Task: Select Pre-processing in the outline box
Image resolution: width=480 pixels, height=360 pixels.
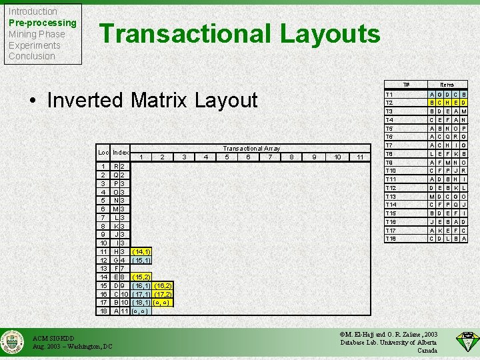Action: [43, 23]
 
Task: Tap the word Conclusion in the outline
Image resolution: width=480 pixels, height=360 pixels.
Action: [32, 56]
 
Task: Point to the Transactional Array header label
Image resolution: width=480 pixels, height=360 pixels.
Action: [251, 149]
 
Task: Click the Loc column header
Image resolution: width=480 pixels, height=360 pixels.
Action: [103, 153]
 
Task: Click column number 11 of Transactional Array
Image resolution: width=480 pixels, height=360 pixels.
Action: [359, 157]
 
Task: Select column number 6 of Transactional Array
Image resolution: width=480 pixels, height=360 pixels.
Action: [248, 157]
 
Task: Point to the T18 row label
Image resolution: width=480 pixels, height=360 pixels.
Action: [391, 239]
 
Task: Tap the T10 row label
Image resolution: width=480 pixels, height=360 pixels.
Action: [391, 171]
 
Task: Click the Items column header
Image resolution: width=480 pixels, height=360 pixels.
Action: [447, 85]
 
